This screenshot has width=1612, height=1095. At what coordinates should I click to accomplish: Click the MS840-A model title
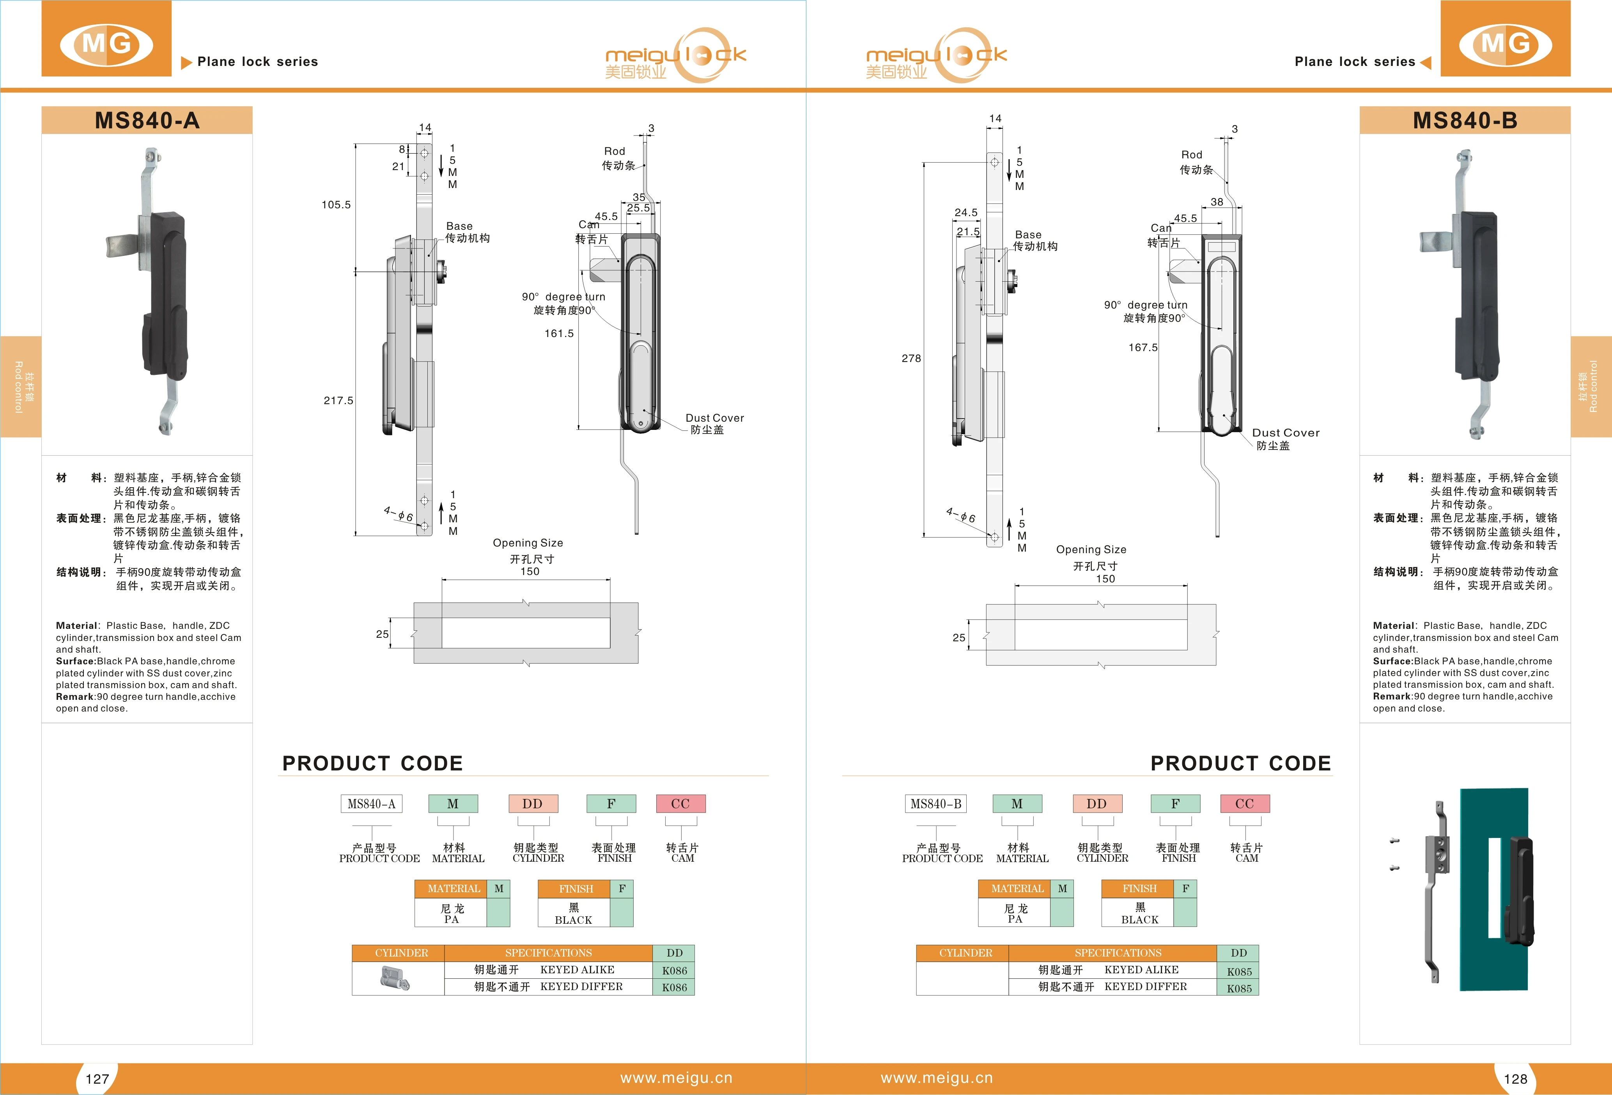tap(147, 121)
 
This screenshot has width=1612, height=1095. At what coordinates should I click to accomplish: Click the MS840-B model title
tap(1465, 121)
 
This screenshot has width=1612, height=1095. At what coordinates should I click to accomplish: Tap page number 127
tap(97, 1078)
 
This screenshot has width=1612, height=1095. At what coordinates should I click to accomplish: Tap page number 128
tap(1515, 1078)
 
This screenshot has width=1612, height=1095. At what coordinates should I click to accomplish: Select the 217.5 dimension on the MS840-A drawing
tap(338, 400)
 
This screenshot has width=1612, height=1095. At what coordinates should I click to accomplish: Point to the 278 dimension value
tap(911, 358)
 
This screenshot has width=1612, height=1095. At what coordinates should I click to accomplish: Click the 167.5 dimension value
tap(1143, 347)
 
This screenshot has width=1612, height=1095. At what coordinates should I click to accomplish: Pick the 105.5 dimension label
tap(337, 205)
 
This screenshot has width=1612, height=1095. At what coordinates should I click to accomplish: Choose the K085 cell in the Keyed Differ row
tap(1239, 988)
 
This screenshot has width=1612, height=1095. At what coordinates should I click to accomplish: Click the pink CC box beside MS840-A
tap(680, 804)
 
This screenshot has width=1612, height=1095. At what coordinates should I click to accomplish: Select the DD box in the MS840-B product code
tap(1097, 804)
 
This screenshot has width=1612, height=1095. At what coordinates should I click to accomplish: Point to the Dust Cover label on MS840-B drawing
tap(1285, 433)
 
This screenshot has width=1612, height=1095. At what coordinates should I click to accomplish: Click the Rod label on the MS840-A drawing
tap(615, 151)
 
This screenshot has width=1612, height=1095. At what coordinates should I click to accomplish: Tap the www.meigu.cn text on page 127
tap(676, 1078)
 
